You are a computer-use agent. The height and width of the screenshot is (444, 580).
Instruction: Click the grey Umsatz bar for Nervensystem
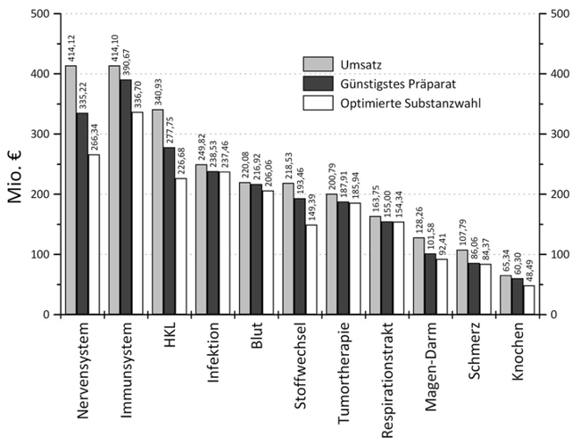click(x=70, y=190)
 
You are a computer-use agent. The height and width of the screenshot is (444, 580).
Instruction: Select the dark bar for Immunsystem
click(x=126, y=197)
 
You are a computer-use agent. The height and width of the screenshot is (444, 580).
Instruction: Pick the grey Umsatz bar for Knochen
click(x=506, y=295)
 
